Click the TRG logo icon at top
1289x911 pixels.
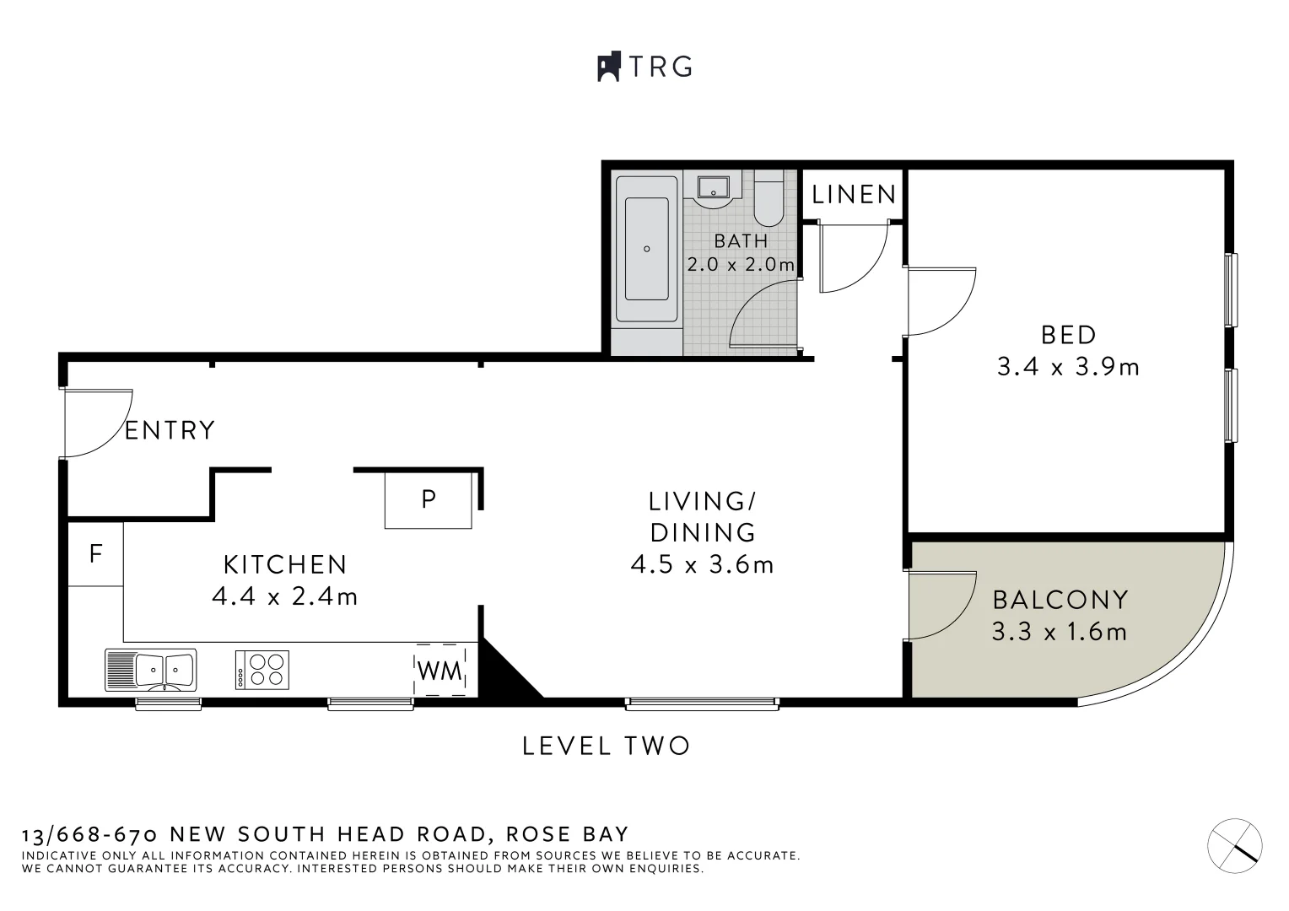click(x=609, y=67)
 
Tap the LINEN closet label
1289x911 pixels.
click(x=854, y=195)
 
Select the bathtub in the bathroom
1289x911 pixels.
click(x=647, y=249)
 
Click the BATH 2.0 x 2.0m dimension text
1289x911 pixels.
click(x=741, y=264)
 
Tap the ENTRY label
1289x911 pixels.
click(x=170, y=430)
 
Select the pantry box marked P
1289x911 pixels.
click(x=429, y=499)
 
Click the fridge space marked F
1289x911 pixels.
click(x=95, y=554)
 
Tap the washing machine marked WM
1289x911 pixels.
click(x=440, y=671)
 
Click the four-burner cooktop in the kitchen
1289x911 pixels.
click(x=262, y=670)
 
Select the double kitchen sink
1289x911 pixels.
click(x=151, y=670)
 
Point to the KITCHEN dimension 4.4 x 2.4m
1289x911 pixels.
click(x=284, y=597)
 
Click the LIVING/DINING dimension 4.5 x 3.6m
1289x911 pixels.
click(x=702, y=564)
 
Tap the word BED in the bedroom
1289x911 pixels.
click(x=1068, y=335)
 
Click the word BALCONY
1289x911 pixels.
click(x=1060, y=600)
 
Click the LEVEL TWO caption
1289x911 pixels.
click(x=606, y=746)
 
